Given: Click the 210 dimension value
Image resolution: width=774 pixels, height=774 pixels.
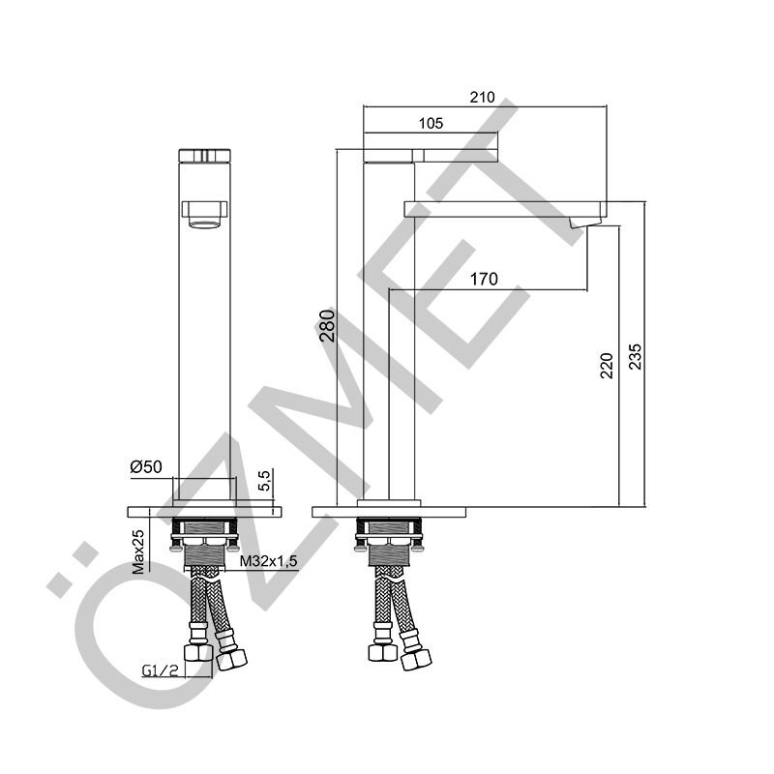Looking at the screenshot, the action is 482,98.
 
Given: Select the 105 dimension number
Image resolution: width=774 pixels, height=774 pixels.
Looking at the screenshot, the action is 431,124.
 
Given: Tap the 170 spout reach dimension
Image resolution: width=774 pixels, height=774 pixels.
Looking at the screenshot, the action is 484,280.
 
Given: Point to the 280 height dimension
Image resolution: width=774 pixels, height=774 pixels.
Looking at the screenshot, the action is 327,326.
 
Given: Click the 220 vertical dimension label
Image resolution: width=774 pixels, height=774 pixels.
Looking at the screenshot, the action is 607,366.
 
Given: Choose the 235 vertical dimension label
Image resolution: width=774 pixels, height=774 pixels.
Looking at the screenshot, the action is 636,356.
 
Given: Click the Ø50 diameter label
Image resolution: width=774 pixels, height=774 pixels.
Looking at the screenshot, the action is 146,466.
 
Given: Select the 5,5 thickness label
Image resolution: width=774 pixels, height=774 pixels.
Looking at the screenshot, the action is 265,480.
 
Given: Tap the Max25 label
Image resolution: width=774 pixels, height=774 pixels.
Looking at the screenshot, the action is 138,551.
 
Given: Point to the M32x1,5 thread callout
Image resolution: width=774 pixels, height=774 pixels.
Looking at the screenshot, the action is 269,561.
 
